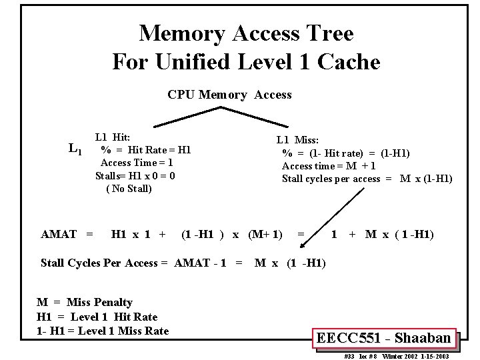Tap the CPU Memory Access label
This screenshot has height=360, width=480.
(229, 95)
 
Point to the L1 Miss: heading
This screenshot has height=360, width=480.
(297, 140)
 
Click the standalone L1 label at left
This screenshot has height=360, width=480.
(75, 149)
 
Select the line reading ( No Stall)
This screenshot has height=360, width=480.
(129, 189)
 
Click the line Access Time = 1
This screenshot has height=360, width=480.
(137, 163)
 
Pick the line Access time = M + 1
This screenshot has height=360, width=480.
(329, 166)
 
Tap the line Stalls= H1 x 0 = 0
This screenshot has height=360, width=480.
(135, 176)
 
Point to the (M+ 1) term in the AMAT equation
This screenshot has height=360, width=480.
(265, 234)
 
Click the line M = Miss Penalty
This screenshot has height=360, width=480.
(85, 302)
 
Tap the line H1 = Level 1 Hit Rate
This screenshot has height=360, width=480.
(97, 317)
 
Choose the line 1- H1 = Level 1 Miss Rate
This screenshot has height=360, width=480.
(103, 331)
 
